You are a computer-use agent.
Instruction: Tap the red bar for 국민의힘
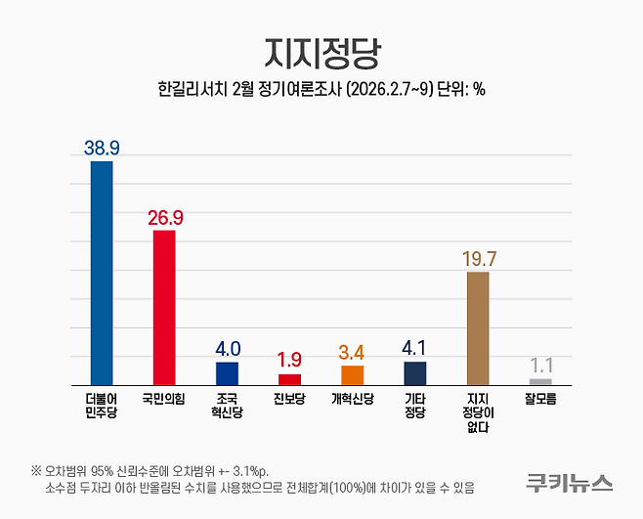pos(164,307)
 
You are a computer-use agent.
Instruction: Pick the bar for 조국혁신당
pos(227,372)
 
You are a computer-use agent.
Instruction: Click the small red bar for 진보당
pos(289,378)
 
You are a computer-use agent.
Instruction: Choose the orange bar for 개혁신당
pos(352,374)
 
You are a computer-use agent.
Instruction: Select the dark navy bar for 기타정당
pos(414,372)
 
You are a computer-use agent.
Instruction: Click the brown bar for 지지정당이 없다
pos(478,327)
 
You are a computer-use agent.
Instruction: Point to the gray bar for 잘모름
pos(540,380)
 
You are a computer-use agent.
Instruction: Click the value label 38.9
pos(102,147)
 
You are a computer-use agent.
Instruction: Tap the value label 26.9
pos(164,216)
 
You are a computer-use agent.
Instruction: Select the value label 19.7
pos(478,258)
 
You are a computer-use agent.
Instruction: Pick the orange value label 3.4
pos(352,351)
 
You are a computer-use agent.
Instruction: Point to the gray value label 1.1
pos(540,366)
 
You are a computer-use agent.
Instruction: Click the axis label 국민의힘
pos(164,400)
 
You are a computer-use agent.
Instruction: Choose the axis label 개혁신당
pos(352,400)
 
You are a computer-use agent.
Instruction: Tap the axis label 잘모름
pos(540,400)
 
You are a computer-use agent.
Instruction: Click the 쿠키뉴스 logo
pos(568,481)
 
